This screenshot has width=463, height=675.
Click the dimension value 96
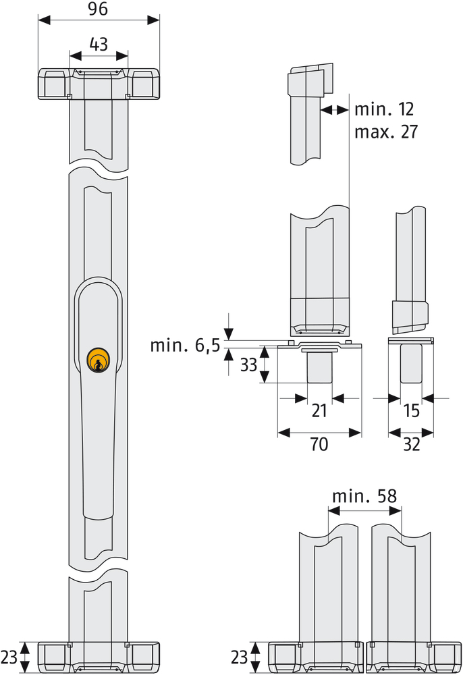click(x=99, y=9)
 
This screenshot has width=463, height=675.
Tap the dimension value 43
click(x=99, y=45)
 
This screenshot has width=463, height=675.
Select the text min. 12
click(x=384, y=109)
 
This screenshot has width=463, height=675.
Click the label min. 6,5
click(x=184, y=346)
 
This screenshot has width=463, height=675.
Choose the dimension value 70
click(x=319, y=445)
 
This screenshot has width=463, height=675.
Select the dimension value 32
click(x=410, y=445)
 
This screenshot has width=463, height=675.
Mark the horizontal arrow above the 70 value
click(x=319, y=431)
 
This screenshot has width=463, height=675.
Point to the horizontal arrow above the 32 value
click(x=410, y=431)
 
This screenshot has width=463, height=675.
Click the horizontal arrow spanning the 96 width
click(x=99, y=20)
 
